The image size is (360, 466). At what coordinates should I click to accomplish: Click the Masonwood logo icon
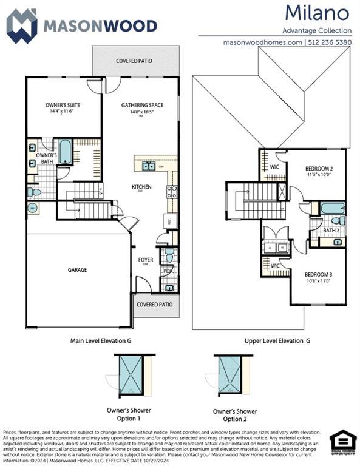[22, 25]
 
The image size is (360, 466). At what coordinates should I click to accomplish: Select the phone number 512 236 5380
[330, 42]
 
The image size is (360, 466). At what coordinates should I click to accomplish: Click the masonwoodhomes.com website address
[262, 42]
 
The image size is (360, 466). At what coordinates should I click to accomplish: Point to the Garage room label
[77, 269]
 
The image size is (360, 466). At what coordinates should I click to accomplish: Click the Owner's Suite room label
[63, 105]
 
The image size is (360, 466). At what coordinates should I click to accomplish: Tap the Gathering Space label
[142, 105]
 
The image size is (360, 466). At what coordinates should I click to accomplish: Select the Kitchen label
[141, 187]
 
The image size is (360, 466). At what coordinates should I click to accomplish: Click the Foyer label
[145, 260]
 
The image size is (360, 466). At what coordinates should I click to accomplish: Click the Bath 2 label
[331, 231]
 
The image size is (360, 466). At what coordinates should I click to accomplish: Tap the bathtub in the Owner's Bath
[65, 152]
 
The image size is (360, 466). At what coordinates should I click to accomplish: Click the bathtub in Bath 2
[333, 208]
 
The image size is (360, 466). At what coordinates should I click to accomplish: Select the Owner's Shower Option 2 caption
[234, 415]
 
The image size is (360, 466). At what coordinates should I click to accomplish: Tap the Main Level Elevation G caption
[101, 341]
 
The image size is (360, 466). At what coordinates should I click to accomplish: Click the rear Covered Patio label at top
[134, 61]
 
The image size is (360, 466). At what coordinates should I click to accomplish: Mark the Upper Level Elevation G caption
[277, 341]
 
